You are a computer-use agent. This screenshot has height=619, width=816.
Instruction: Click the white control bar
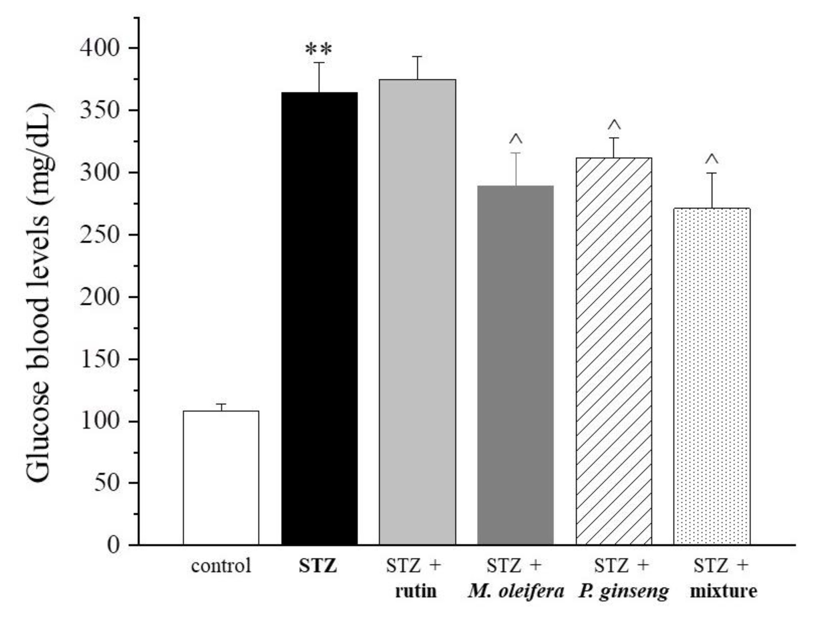click(x=221, y=478)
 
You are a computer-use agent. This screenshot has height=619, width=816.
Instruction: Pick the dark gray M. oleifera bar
click(x=515, y=365)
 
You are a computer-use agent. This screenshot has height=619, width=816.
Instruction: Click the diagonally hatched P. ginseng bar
click(x=614, y=351)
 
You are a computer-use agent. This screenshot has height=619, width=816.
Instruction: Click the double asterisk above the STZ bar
click(x=319, y=49)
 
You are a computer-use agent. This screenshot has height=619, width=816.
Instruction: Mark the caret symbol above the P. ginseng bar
click(x=614, y=125)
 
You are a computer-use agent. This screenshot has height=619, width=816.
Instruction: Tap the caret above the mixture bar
click(x=712, y=159)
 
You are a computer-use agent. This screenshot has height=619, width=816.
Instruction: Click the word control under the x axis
click(x=221, y=566)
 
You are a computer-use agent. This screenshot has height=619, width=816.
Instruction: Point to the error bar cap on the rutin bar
click(x=417, y=57)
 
